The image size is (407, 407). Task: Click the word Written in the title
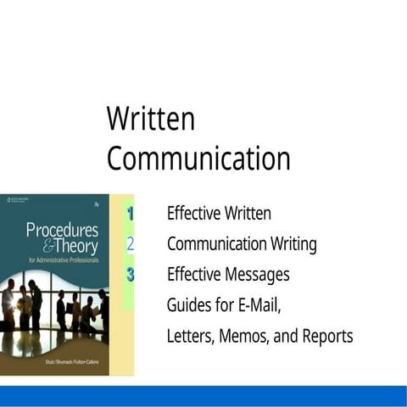(150, 120)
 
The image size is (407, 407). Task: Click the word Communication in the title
(198, 159)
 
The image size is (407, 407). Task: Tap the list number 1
(131, 214)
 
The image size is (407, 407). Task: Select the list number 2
(131, 244)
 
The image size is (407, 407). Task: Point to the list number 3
(131, 274)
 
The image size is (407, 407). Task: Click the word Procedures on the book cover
(62, 229)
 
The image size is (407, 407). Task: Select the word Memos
(246, 336)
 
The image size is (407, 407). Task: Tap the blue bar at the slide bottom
(203, 396)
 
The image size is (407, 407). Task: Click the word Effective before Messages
(194, 275)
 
